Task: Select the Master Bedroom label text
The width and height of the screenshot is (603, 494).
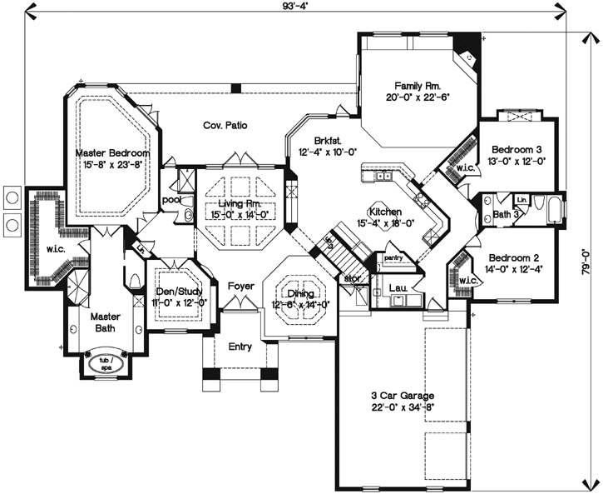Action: pos(112,154)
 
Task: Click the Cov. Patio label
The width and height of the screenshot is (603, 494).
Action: pos(225,126)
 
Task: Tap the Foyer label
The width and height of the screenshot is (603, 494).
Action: pos(241,287)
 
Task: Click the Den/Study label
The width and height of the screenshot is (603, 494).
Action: pos(175,292)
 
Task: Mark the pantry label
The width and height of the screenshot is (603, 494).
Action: pos(393,258)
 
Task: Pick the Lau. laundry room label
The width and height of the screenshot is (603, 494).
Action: pos(397,288)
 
